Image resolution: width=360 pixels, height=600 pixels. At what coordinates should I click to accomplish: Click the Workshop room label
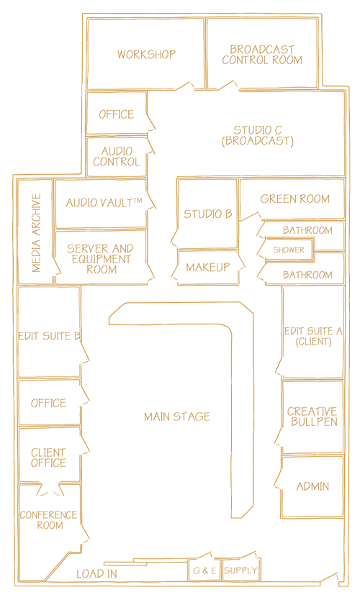[x=146, y=55]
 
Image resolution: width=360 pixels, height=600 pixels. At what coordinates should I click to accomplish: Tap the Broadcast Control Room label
[x=262, y=55]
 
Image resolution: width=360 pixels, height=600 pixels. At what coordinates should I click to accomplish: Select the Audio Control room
[x=117, y=158]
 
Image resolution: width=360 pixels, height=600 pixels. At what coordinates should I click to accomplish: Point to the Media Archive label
[x=36, y=232]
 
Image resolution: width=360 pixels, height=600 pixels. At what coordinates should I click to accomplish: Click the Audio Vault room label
[x=104, y=202]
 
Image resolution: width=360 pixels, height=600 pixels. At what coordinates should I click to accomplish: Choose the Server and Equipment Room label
[x=100, y=259]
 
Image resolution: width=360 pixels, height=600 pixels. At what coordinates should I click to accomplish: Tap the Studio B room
[x=207, y=214]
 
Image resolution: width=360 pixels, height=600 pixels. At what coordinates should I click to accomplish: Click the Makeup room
[x=208, y=268]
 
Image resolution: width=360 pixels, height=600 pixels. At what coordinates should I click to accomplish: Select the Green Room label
[x=295, y=199]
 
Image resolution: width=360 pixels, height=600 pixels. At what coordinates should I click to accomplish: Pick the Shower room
[x=289, y=250]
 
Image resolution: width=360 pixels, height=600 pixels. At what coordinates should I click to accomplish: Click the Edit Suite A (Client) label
[x=313, y=336]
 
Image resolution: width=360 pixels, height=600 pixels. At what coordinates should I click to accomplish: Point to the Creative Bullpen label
[x=312, y=417]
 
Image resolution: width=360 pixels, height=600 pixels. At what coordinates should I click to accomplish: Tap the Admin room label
[x=312, y=486]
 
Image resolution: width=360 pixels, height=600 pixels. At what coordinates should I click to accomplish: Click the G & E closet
[x=204, y=571]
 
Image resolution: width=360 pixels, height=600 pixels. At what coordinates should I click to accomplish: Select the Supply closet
[x=240, y=571]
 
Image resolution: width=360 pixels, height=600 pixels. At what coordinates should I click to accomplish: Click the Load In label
[x=96, y=573]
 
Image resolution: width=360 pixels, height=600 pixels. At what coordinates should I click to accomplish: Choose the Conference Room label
[x=49, y=520]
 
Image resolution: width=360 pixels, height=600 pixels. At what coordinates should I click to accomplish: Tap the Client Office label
[x=49, y=458]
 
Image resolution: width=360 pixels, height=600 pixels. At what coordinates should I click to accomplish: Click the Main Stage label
[x=177, y=417]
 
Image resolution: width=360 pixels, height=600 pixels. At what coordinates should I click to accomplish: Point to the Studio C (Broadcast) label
[x=257, y=135]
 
